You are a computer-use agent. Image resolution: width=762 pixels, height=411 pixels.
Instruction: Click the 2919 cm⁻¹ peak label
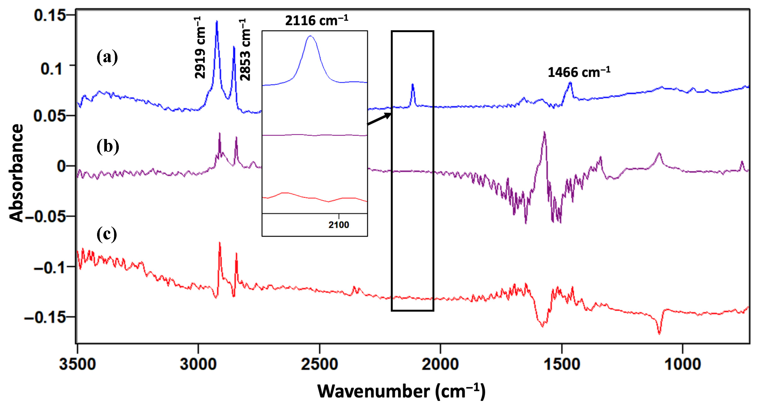click(x=200, y=48)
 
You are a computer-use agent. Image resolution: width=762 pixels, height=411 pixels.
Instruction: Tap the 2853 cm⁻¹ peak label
click(x=245, y=50)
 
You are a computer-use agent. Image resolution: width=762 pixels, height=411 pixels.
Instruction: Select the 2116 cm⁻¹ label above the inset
click(x=316, y=20)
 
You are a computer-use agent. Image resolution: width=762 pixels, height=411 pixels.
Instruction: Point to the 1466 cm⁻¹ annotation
click(x=579, y=72)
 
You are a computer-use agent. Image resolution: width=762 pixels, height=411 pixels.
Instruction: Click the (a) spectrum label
click(x=107, y=57)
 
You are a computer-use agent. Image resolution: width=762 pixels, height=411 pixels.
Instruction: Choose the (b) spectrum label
click(x=108, y=146)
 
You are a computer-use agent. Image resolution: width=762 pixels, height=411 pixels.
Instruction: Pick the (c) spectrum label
click(x=107, y=234)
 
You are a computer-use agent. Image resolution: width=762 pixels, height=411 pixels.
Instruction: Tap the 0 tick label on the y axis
click(x=61, y=166)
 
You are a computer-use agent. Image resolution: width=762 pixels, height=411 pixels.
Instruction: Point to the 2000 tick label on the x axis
click(x=440, y=364)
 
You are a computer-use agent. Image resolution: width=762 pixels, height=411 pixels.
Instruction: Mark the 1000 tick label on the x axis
click(x=682, y=364)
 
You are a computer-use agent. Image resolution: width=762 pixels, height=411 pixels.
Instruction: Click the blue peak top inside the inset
click(x=310, y=36)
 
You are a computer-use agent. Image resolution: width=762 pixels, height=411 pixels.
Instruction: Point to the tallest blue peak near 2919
click(x=217, y=21)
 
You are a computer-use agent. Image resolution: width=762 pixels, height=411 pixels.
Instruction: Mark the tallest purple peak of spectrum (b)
click(x=544, y=132)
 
